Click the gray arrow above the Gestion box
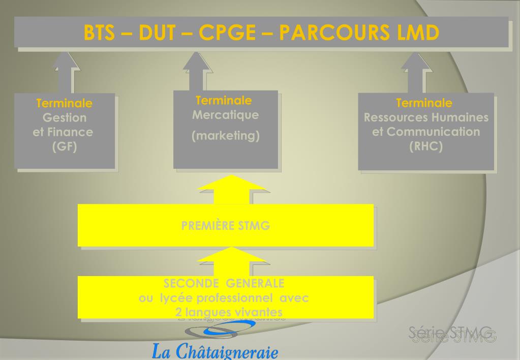click(65, 71)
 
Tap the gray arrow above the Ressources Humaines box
click(416, 71)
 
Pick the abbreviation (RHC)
click(426, 146)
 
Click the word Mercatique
click(225, 115)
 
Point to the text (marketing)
click(225, 137)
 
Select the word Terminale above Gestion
click(65, 104)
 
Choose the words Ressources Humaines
click(426, 118)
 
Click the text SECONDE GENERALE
click(224, 283)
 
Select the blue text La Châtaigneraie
click(215, 351)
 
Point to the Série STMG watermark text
click(452, 335)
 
